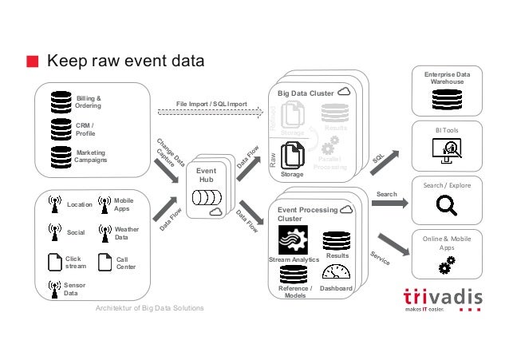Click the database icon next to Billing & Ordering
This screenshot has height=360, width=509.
[x=60, y=101]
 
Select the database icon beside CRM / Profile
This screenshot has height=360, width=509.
[x=61, y=129]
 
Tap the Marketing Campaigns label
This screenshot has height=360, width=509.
[x=89, y=156]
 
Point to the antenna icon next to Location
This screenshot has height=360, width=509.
[x=54, y=204]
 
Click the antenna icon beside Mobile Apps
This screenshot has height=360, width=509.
[x=101, y=204]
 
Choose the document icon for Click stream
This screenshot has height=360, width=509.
[x=54, y=262]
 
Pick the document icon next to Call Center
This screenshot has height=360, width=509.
[x=102, y=262]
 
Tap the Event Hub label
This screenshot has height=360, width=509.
[x=207, y=176]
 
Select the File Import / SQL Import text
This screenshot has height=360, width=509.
[x=211, y=105]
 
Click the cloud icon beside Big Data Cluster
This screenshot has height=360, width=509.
[x=345, y=93]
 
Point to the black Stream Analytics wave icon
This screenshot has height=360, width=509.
[x=293, y=239]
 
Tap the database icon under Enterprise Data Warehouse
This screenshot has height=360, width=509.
[x=446, y=99]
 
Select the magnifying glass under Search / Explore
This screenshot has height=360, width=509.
[x=446, y=207]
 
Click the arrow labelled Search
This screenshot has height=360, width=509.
[x=389, y=203]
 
